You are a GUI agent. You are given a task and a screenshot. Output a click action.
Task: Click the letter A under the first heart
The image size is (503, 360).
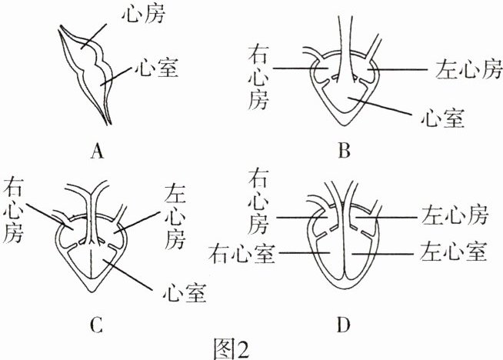(x=96, y=152)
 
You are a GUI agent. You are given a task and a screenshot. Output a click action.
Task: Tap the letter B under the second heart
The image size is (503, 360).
(x=344, y=152)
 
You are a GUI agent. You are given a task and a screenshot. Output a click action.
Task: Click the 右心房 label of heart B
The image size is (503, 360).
(x=259, y=76)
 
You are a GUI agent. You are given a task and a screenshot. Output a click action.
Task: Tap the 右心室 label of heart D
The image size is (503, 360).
(x=243, y=252)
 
